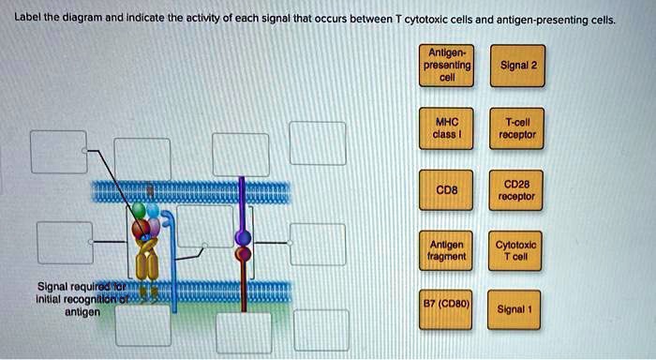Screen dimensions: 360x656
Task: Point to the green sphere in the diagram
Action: coord(138,211)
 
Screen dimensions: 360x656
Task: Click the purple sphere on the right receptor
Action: coord(243,236)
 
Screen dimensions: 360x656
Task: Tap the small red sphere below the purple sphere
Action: coord(243,253)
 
